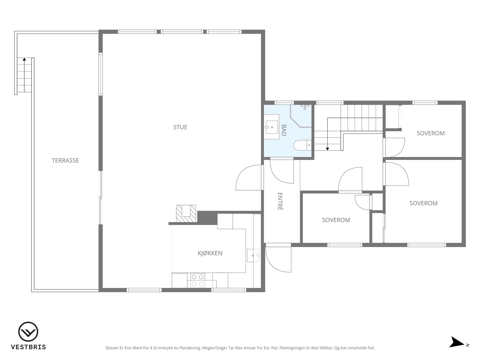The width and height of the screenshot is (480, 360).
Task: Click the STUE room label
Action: (x=180, y=127)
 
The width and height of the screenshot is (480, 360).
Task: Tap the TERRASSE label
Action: (x=65, y=160)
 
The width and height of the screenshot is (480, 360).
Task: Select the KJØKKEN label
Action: (x=210, y=253)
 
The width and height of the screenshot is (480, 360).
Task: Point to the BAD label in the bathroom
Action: (x=283, y=130)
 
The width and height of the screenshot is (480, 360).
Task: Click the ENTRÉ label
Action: (x=280, y=201)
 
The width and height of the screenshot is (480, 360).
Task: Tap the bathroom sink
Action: (x=271, y=127)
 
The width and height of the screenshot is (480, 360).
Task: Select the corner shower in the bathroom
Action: (x=301, y=116)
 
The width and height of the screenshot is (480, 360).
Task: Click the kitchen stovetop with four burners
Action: (x=198, y=280)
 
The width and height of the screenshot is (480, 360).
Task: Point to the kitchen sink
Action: (x=253, y=256)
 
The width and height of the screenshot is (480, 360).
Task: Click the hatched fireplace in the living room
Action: (x=186, y=214)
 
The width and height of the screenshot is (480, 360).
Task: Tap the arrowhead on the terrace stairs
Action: (x=24, y=59)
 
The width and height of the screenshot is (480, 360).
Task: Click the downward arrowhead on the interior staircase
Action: (x=327, y=149)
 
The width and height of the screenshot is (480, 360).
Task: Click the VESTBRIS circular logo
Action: (x=28, y=332)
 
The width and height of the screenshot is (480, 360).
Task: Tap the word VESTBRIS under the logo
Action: (x=28, y=347)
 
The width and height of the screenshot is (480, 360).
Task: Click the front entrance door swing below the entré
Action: (x=278, y=259)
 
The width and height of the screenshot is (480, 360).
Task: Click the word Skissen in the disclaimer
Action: (x=112, y=348)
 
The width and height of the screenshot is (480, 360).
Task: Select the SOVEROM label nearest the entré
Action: (x=336, y=220)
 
